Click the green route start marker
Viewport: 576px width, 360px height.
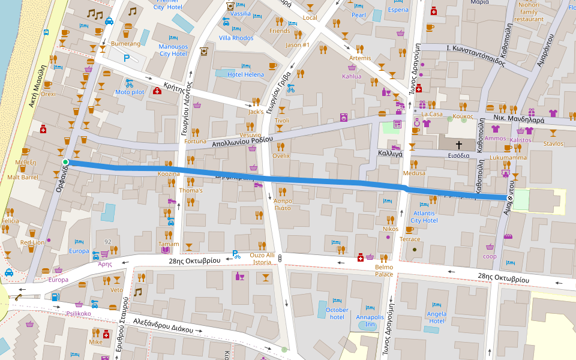pos(65,162)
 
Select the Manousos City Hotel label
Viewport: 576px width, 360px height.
pos(173,50)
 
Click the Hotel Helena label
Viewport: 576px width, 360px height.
pos(246,74)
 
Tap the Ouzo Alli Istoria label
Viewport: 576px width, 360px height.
pos(262,258)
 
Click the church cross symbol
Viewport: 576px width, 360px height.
pos(459,145)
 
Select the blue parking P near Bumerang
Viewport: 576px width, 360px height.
pos(126,58)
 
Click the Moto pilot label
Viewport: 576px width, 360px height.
pos(130,92)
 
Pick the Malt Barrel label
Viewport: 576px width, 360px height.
pos(22,177)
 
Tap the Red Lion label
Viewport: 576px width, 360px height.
pos(32,242)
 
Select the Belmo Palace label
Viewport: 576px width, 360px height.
pos(384,271)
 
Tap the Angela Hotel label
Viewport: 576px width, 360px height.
pos(436,317)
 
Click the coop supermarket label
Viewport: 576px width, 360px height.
pos(490,256)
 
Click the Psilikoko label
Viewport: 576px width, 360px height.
pos(79,313)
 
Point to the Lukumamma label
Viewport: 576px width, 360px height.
pos(508,157)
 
